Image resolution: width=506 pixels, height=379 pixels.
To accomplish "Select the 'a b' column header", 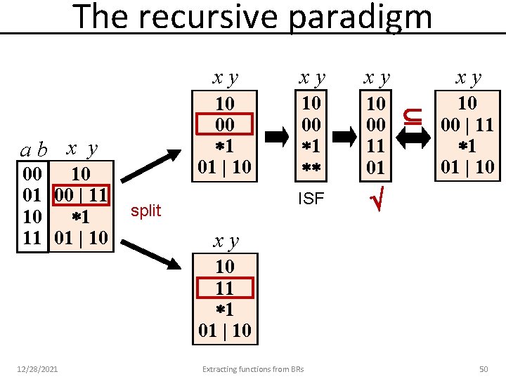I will (34, 150).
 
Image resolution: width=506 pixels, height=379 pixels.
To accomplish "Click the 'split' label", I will (146, 211).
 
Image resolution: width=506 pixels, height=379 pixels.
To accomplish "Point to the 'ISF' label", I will (311, 199).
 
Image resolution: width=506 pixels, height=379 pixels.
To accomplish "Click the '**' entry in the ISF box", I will (311, 168).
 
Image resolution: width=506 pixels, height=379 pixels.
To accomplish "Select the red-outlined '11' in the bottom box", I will (224, 288).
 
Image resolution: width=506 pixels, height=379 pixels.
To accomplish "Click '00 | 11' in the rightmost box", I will (467, 125).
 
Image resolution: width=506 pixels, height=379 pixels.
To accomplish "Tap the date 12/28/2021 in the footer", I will (39, 369).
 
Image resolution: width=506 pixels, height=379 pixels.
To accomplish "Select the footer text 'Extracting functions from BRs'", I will (253, 369).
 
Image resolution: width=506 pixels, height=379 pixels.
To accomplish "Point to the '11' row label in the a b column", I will (32, 237).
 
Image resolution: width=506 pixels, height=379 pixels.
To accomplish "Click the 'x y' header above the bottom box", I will (226, 242).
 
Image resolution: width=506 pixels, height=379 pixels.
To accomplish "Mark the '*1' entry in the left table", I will (82, 216).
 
